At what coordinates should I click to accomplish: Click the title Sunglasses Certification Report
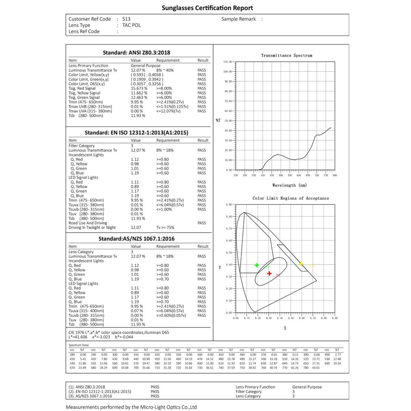[x=207, y=8]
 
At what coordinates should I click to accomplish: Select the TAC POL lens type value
[x=132, y=25]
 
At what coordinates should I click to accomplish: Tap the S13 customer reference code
[x=126, y=19]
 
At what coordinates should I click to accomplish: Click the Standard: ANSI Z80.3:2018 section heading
[x=136, y=52]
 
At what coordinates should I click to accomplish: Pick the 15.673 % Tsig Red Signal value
[x=139, y=88]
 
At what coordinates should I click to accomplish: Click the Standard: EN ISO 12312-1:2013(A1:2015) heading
[x=136, y=133]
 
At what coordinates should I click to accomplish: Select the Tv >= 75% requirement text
[x=165, y=227]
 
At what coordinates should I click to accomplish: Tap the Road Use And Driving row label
[x=88, y=223]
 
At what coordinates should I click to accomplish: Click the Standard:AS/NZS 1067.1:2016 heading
[x=136, y=239]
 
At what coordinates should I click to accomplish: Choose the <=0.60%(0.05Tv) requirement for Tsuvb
[x=171, y=315]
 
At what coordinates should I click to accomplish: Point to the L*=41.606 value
[x=78, y=337]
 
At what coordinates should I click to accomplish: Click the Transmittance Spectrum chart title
[x=287, y=55]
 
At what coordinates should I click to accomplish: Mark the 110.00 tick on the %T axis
[x=228, y=62]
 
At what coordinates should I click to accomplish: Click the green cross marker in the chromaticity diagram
[x=257, y=265]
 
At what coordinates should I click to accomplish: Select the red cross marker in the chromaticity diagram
[x=270, y=273]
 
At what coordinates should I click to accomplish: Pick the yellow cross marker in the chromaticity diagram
[x=301, y=264]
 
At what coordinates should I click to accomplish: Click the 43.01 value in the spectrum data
[x=316, y=368]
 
